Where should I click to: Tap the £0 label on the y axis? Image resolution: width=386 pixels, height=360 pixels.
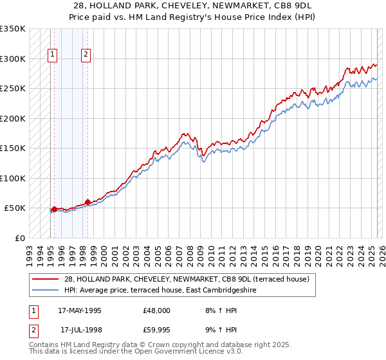19,238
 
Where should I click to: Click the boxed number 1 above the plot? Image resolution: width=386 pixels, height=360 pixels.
52,55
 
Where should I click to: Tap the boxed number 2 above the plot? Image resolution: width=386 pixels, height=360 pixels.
86,55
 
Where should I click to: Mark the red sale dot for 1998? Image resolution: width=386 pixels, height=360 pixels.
87,202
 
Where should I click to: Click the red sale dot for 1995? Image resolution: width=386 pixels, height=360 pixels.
54,209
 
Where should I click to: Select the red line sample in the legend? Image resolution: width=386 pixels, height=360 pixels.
46,279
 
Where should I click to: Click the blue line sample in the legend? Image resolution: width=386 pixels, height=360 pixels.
46,289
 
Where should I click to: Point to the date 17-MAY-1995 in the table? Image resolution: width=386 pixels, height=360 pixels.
80,310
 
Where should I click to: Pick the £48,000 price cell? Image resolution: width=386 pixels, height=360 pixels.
157,310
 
